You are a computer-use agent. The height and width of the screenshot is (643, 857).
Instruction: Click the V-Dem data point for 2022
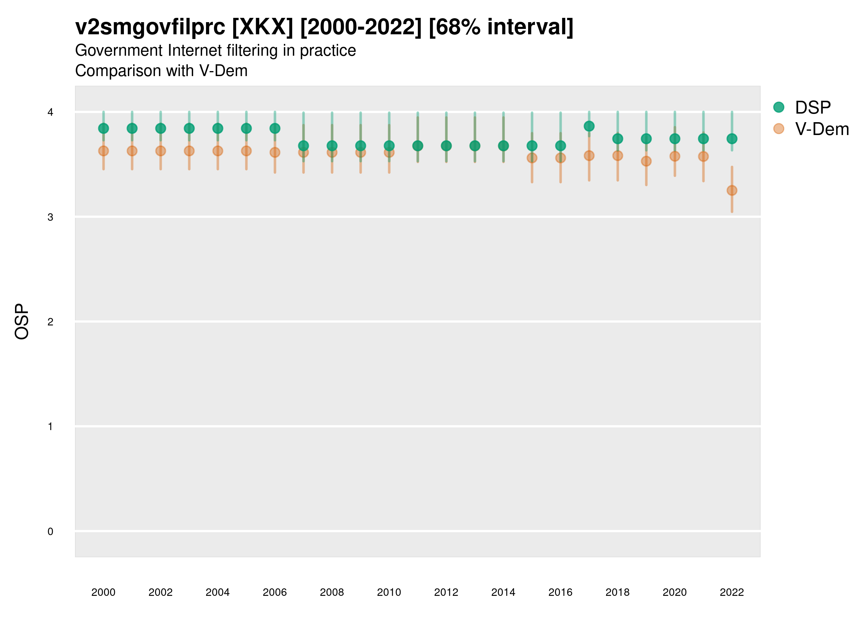(732, 190)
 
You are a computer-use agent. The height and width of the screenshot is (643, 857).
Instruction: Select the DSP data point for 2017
(589, 126)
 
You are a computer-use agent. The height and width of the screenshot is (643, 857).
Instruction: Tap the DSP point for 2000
(104, 128)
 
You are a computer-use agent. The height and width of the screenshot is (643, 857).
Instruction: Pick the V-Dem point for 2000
(104, 151)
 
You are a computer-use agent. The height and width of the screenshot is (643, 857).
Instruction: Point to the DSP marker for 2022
(732, 138)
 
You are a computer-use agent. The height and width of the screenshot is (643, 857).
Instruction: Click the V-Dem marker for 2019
(646, 161)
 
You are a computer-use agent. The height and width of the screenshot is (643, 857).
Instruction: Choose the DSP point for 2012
(446, 146)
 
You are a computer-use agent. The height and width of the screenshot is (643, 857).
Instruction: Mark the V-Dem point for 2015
(532, 158)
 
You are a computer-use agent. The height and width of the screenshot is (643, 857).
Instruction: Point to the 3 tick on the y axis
(50, 217)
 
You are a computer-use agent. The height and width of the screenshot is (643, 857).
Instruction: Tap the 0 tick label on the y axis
(50, 532)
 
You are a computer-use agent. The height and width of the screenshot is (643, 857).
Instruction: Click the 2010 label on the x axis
(389, 592)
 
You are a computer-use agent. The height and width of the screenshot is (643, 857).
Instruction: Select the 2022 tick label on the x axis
(732, 592)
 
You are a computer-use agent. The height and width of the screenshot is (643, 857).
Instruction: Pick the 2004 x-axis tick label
(218, 592)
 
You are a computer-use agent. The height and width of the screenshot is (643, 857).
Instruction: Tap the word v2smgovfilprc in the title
(150, 27)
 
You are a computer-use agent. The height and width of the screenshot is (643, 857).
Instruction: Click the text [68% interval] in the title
(501, 27)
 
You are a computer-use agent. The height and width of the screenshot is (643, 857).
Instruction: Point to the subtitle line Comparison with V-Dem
(161, 71)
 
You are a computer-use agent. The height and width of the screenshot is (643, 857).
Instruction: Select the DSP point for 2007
(304, 146)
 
